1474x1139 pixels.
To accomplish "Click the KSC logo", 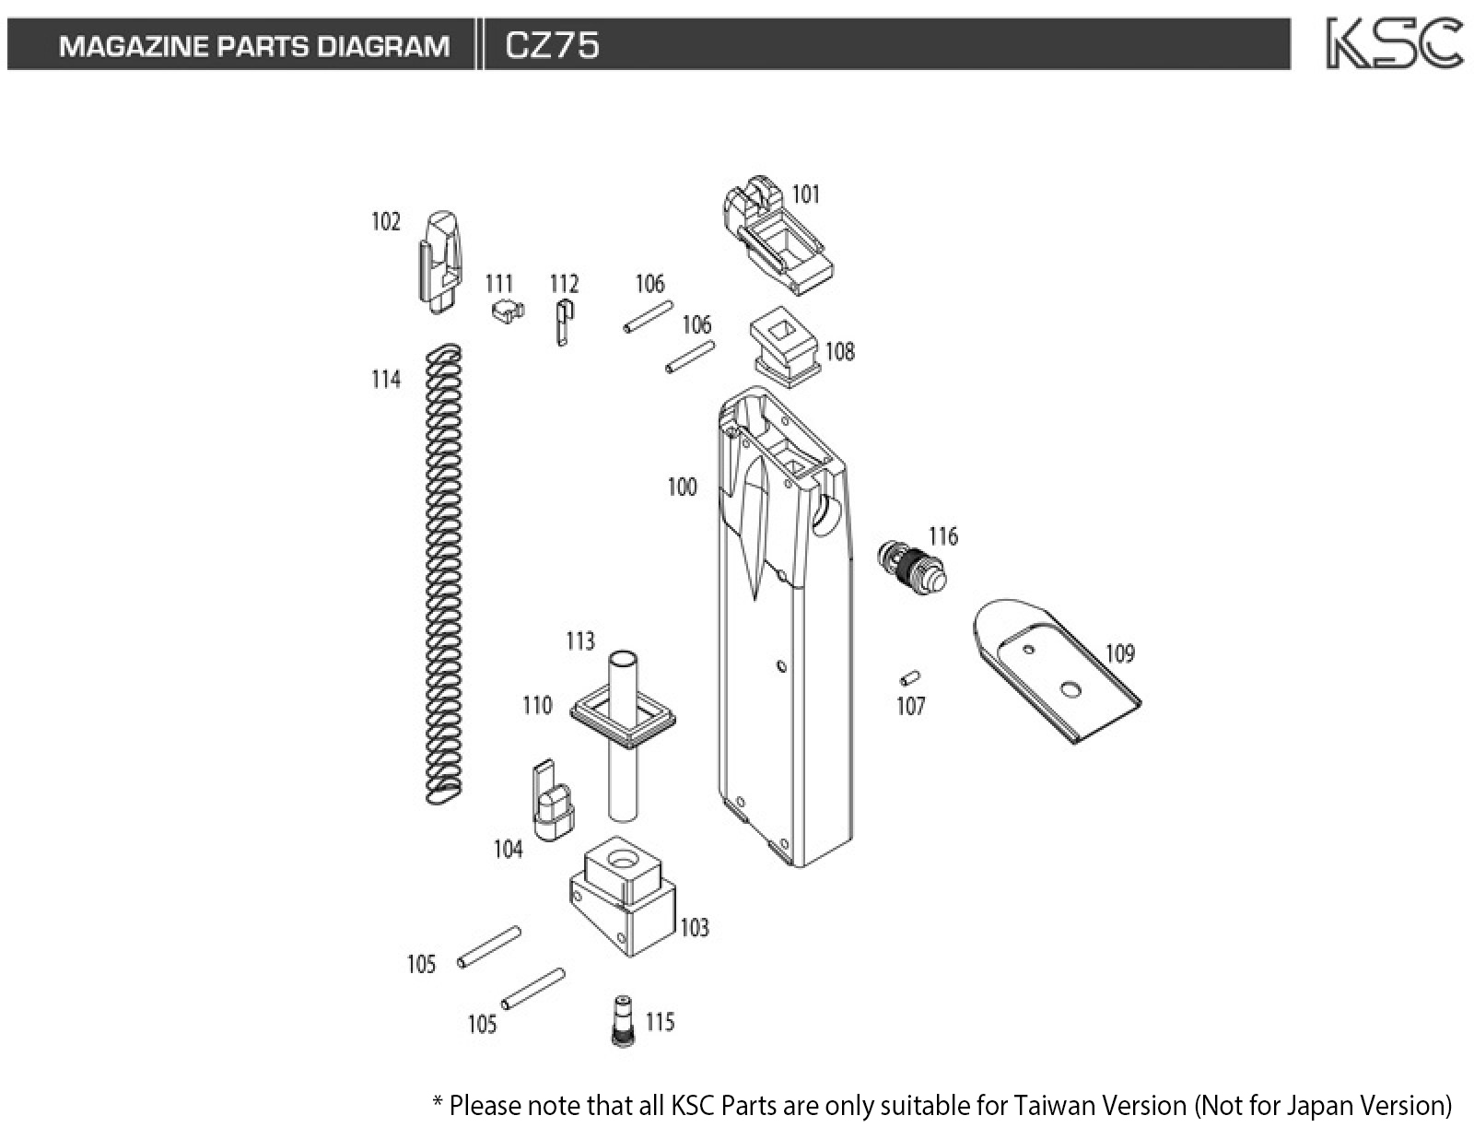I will (x=1393, y=43).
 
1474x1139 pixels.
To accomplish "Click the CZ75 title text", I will (x=552, y=45).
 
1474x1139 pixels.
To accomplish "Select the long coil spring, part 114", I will (x=444, y=571).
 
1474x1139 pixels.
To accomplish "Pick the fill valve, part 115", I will (x=624, y=1020).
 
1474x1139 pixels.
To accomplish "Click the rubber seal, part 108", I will (x=785, y=346).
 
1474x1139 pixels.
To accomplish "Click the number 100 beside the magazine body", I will (x=682, y=487).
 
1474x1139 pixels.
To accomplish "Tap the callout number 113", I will (x=580, y=640).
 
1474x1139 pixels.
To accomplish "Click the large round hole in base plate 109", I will (x=1070, y=688).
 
